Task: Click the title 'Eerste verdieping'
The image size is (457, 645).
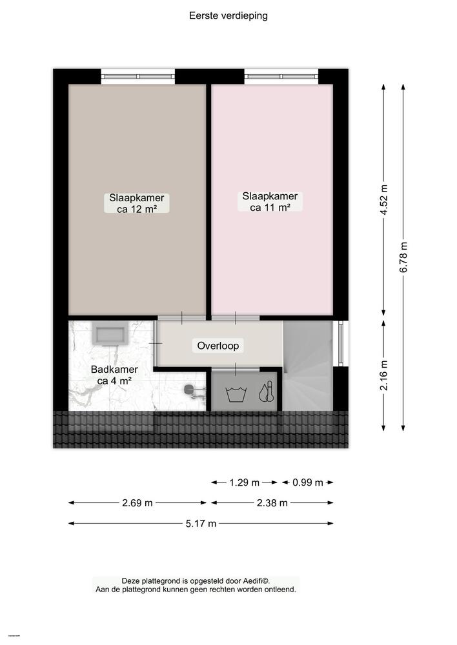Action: point(228,15)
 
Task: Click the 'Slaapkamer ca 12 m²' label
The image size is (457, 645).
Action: point(136,203)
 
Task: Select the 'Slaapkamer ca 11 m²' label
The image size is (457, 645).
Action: point(270,201)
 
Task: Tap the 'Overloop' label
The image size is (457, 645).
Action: point(218,346)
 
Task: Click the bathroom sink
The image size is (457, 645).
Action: point(110,335)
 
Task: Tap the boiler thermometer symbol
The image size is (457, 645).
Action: point(265,393)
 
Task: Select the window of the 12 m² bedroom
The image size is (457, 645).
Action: point(138,76)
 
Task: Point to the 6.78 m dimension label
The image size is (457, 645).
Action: point(404,257)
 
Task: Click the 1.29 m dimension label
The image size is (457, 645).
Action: point(245,482)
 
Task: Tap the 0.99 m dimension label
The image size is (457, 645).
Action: point(307,482)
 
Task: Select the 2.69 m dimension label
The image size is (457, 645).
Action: point(138,503)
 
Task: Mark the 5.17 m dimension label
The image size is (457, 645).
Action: point(201,524)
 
